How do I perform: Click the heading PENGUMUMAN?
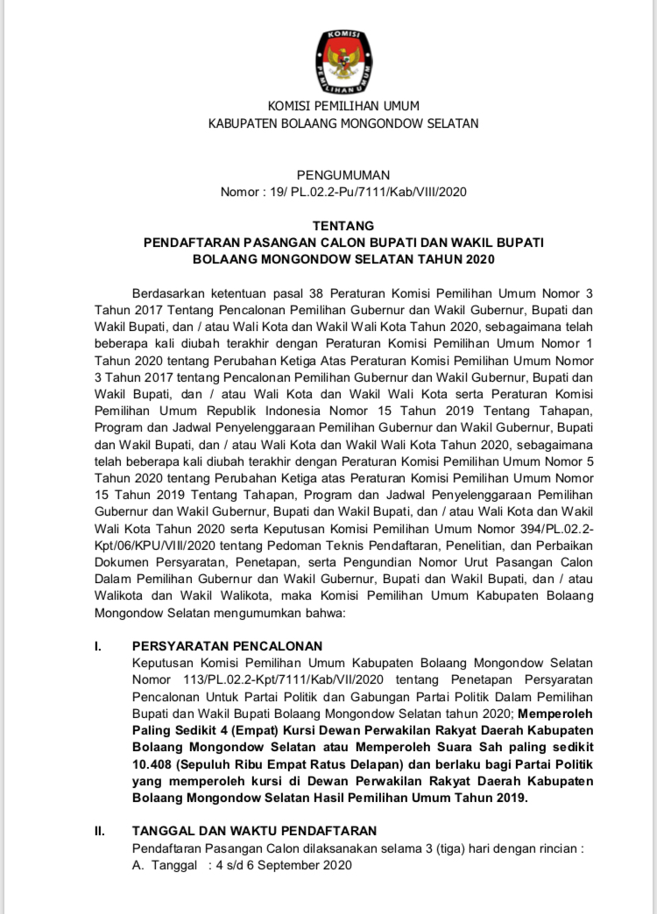pos(343,175)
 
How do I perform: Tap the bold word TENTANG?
pos(343,226)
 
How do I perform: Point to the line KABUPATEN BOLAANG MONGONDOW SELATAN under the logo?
pos(343,123)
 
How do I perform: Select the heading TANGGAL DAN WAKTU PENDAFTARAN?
pos(254,831)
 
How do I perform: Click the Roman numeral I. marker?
pos(98,647)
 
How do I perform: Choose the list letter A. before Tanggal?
pos(138,865)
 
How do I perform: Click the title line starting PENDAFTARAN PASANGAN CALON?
pos(343,243)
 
